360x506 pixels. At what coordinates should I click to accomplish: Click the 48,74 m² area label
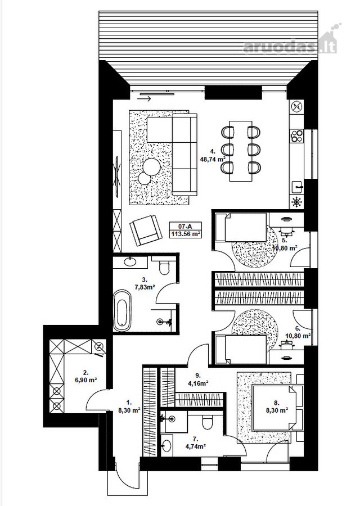(213, 159)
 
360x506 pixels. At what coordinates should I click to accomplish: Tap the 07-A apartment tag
(185, 226)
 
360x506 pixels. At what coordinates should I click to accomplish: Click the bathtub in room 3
(123, 310)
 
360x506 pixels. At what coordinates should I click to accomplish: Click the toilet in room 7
(207, 422)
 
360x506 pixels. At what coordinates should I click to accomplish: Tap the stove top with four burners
(296, 135)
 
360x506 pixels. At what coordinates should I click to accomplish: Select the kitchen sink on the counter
(297, 186)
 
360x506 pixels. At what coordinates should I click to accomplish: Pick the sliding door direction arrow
(144, 99)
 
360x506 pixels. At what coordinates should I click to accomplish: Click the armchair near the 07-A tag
(145, 230)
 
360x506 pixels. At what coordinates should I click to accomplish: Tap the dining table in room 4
(241, 151)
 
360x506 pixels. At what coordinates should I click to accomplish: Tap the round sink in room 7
(166, 445)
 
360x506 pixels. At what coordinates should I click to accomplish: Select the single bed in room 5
(241, 227)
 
